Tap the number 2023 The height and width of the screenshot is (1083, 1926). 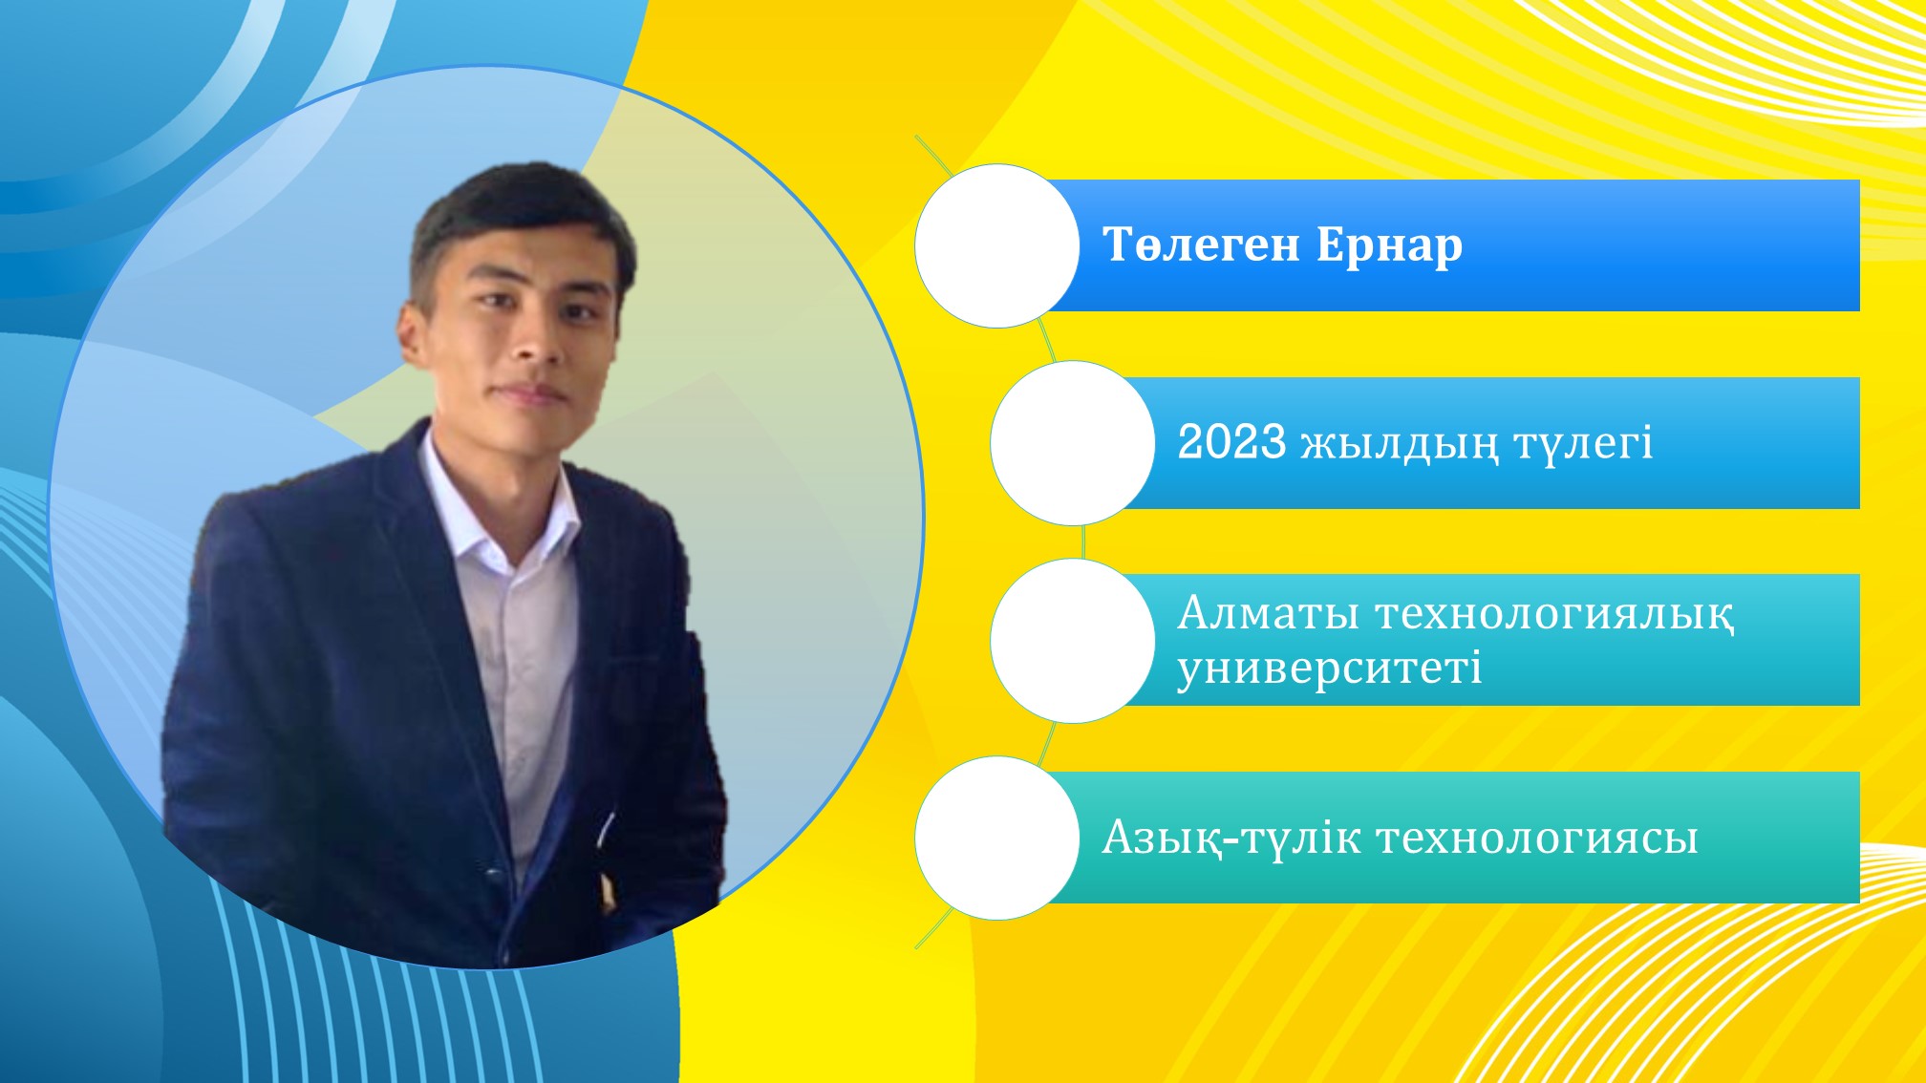[1231, 442]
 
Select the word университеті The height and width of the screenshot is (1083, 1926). [1330, 668]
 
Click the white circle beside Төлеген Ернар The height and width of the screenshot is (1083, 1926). [997, 245]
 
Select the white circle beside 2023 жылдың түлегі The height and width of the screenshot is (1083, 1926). [1073, 443]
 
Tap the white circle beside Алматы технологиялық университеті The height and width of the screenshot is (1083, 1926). [1073, 641]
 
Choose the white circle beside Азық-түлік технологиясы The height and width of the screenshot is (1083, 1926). [997, 839]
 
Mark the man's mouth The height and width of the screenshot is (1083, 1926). [535, 393]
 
